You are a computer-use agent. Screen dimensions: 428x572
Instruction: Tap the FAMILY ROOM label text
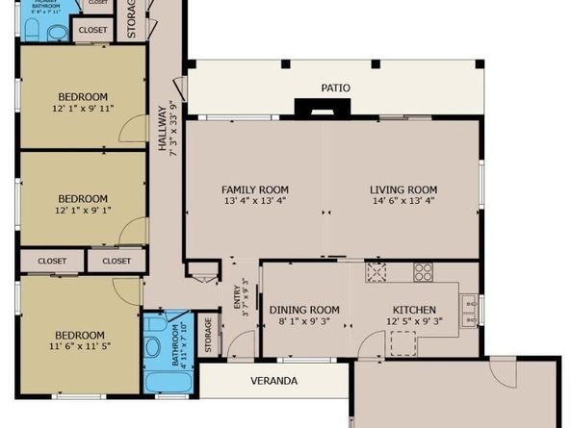point(255,189)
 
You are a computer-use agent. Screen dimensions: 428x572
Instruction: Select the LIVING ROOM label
point(403,189)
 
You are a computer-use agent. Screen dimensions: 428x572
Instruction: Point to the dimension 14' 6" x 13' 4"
point(403,202)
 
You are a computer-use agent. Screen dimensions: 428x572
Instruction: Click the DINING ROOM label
point(304,309)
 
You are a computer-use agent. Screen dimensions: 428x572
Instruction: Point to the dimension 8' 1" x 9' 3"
point(304,321)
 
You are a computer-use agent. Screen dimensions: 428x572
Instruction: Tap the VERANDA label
point(274,380)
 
